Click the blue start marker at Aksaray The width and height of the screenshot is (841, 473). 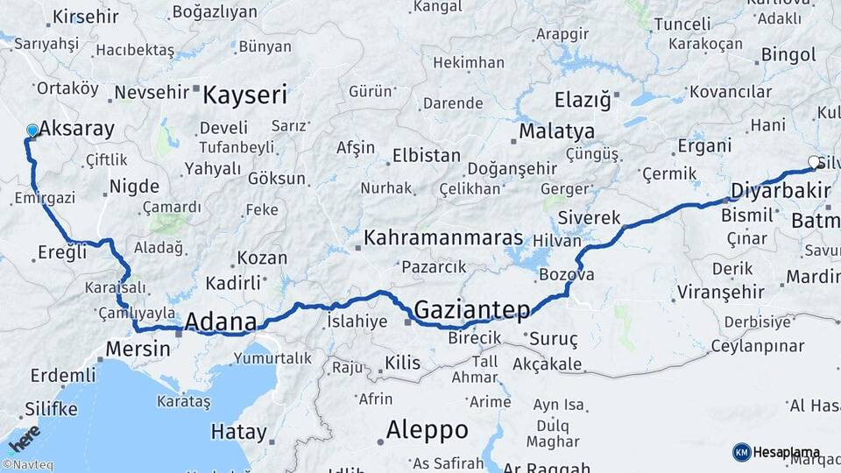pos(32,131)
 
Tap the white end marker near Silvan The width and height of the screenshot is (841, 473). pos(815,162)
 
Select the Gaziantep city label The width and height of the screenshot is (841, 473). pos(472,310)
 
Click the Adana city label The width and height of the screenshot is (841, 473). pos(221,320)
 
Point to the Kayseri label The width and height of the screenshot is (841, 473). pos(245,95)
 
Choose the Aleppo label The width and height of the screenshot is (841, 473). pos(428,430)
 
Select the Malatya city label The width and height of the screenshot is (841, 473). pos(556,131)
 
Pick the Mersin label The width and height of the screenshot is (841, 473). pos(138,349)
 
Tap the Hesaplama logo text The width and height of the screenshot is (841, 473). pos(786,452)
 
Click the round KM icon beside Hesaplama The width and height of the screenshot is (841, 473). pos(741,452)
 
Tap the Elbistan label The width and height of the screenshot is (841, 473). pos(426,155)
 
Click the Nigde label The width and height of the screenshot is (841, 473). pos(134,187)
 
